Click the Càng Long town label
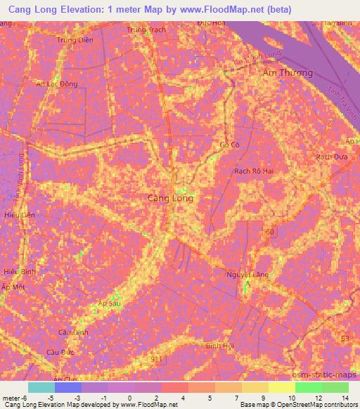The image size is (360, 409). [170, 198]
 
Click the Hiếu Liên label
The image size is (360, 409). [18, 215]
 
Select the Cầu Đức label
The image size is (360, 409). [59, 351]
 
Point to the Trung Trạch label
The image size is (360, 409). [146, 30]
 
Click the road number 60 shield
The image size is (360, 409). [270, 230]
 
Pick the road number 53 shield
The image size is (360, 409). [344, 339]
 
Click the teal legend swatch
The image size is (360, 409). [41, 387]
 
